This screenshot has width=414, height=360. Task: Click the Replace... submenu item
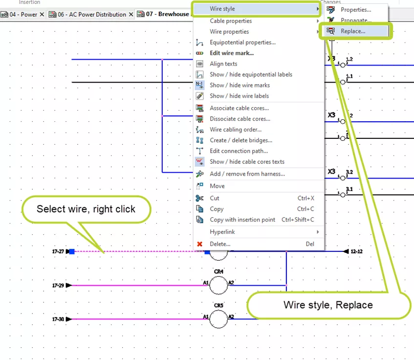353,31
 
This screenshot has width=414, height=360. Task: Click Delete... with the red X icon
220,244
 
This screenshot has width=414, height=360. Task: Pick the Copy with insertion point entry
242,220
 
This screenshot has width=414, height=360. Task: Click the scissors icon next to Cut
199,198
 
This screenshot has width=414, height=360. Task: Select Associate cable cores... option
239,108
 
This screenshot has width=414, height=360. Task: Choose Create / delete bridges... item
241,140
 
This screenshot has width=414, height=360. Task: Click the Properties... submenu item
355,10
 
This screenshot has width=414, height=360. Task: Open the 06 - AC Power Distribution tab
91,14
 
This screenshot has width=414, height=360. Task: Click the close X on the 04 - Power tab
42,15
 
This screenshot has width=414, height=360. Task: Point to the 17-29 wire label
58,285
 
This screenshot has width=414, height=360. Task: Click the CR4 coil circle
218,285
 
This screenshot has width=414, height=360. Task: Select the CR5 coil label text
218,305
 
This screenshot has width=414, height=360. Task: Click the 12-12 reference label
356,251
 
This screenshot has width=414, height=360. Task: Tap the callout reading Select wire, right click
86,209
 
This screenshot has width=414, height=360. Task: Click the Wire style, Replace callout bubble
328,305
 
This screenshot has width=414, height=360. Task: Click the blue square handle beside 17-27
72,251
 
